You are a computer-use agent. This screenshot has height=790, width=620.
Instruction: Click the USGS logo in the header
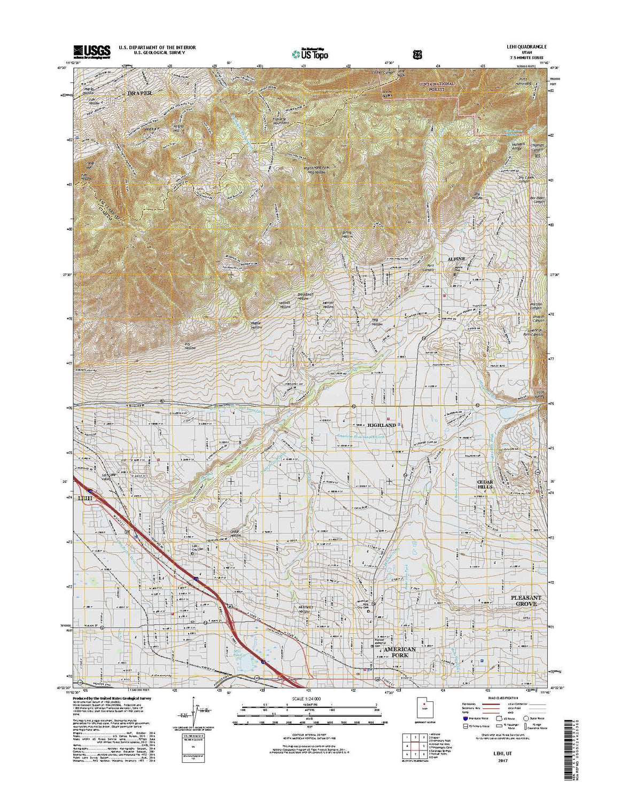(x=91, y=51)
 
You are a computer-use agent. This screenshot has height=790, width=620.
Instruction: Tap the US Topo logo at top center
(x=310, y=53)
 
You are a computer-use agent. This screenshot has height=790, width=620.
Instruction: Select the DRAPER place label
(x=139, y=93)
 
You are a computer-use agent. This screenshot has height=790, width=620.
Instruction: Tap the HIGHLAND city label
(x=382, y=425)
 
